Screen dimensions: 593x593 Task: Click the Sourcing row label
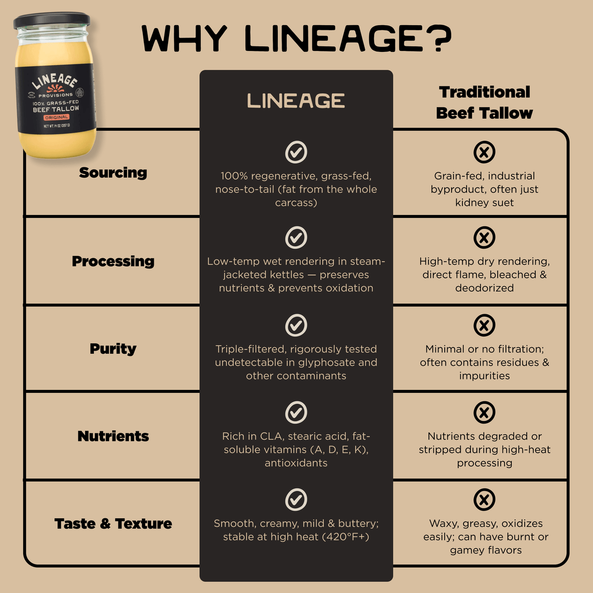113,172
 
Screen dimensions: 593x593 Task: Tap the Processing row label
113,261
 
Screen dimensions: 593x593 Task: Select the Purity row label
113,348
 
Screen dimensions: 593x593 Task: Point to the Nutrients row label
113,436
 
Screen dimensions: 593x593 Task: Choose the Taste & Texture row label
113,523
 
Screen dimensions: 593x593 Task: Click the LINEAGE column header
296,101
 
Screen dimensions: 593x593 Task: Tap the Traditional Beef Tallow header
484,102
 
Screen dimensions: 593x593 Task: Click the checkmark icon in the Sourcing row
296,152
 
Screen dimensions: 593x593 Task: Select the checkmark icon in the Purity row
296,325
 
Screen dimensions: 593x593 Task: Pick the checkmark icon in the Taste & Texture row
296,500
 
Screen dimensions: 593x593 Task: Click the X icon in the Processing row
484,238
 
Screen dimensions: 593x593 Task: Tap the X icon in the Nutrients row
484,413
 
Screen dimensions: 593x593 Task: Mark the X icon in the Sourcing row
484,152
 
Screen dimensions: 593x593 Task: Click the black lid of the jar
52,21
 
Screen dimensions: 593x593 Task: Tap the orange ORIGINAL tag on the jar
56,118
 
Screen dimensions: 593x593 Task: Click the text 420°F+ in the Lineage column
345,537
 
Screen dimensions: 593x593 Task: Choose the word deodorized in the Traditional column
484,288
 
